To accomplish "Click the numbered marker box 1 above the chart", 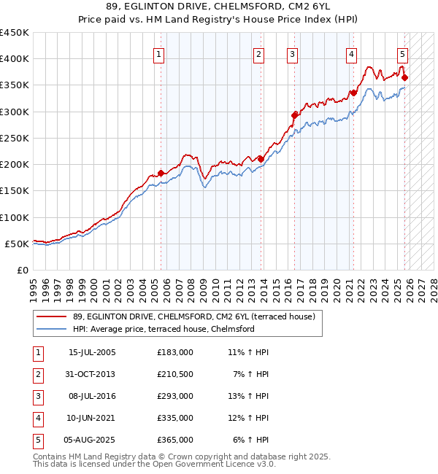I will coord(159,53).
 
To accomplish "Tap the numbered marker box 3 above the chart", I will coord(292,53).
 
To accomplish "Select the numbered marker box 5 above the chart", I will coord(402,53).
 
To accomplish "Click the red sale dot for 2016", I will coord(295,114).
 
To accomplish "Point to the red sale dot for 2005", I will coord(161,174).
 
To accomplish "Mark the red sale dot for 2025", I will coord(404,77).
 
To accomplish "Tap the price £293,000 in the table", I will coord(174,396).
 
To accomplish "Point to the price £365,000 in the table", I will coord(174,440).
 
